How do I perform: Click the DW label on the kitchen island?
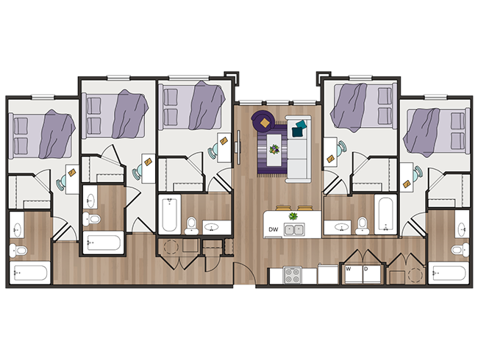274,229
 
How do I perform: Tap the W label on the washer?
349,269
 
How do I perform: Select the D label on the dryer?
365,269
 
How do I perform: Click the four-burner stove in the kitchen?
293,275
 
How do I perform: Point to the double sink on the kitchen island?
295,229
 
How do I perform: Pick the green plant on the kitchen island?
293,216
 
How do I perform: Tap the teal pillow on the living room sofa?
298,131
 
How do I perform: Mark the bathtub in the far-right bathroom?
449,274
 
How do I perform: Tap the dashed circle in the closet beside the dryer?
415,274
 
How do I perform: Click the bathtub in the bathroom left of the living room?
169,214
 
